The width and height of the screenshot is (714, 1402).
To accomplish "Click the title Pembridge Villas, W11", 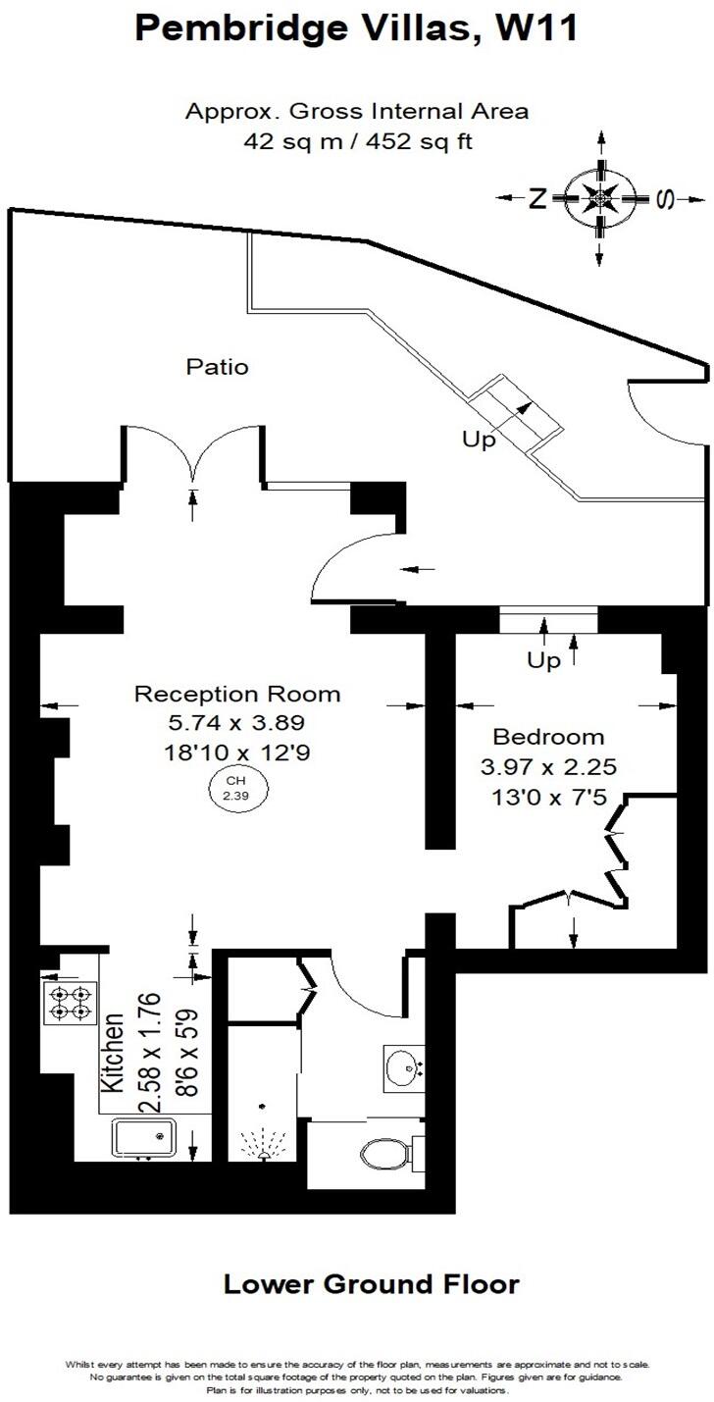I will tap(356, 28).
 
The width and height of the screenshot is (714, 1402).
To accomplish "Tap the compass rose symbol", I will tap(599, 199).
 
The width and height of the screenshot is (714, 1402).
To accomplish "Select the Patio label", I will tap(218, 368).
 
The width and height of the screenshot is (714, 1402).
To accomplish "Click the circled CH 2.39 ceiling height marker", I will tap(235, 788).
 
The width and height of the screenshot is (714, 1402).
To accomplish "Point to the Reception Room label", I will tap(237, 695).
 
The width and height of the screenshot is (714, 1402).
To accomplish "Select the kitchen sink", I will tap(144, 1138).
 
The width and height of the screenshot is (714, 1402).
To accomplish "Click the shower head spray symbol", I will tap(262, 1141).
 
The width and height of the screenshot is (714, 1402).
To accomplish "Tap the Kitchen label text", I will tap(114, 1054).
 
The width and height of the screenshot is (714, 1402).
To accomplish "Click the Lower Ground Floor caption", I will tap(371, 1283).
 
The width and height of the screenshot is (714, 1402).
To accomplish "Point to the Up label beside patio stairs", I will tap(480, 440).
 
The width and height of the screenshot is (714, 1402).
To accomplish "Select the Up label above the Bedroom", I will tap(544, 660).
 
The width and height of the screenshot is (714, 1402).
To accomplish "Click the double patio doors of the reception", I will tap(193, 451).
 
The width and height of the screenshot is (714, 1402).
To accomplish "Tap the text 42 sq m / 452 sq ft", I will tap(357, 141).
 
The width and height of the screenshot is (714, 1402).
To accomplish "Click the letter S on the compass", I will tap(665, 199).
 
